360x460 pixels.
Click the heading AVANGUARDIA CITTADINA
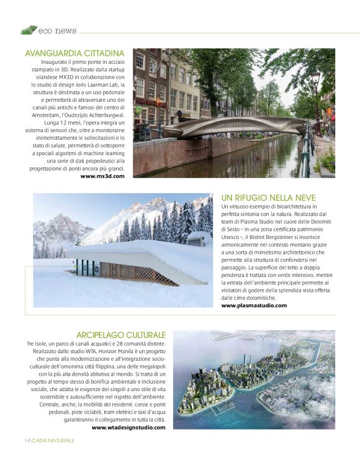pyautogui.click(x=74, y=53)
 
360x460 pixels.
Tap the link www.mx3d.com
pyautogui.click(x=102, y=176)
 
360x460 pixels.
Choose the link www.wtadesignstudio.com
pyautogui.click(x=128, y=428)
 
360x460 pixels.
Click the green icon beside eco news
pyautogui.click(x=28, y=29)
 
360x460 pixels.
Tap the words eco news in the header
pyautogui.click(x=57, y=30)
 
